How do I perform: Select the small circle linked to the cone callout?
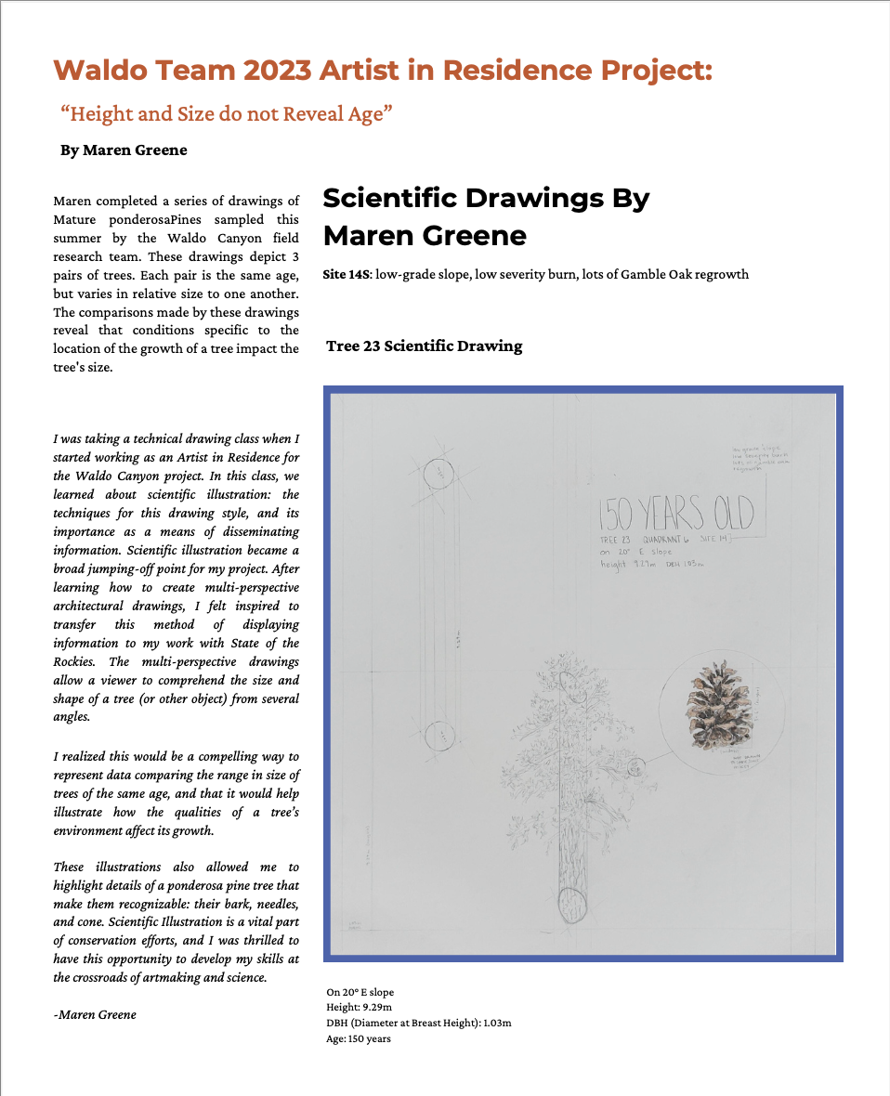(637, 767)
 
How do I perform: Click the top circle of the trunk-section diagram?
(438, 473)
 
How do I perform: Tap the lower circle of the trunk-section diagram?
(438, 736)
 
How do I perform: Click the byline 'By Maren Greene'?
(124, 150)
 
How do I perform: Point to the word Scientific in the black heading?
(392, 198)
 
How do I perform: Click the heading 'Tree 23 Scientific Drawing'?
(425, 346)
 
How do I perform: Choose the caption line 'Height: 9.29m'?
(360, 1008)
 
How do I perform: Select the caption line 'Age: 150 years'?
(359, 1038)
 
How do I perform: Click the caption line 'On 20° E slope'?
(360, 992)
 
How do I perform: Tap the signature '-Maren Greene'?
(95, 1014)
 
